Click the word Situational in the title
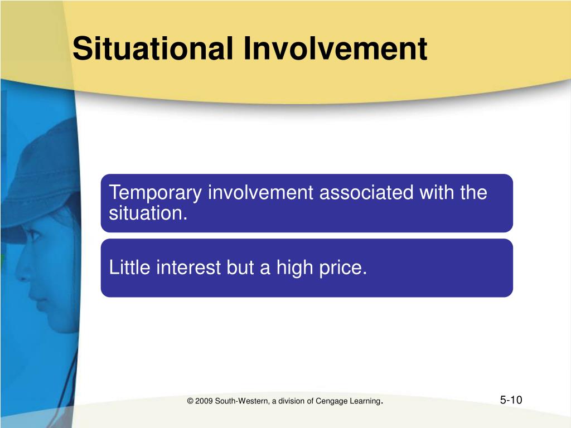[x=153, y=48]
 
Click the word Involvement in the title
[x=335, y=48]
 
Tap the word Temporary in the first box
[x=155, y=193]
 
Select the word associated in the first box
[x=366, y=192]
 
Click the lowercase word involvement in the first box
[x=260, y=192]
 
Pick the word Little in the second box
[x=129, y=267]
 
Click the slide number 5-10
[x=511, y=400]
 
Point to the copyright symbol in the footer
[x=190, y=401]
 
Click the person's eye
[x=34, y=235]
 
